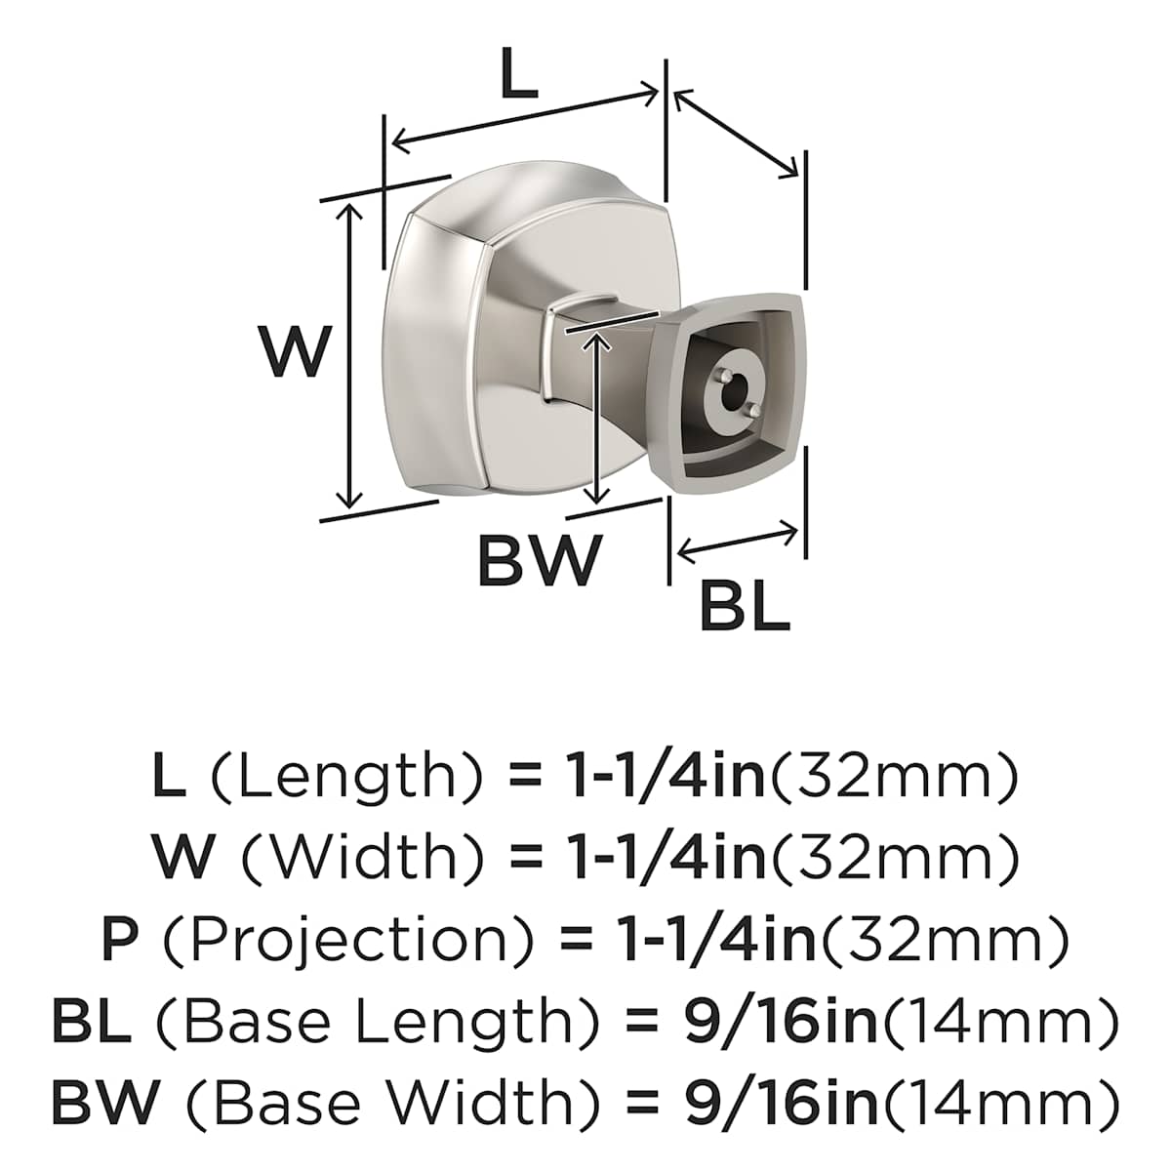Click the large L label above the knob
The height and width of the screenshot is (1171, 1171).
pos(519,76)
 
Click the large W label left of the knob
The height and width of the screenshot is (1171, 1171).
pos(293,352)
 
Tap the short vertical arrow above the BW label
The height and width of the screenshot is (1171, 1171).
pos(599,419)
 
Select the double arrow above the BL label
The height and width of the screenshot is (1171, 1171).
pos(738,542)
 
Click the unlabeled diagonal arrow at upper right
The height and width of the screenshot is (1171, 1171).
pos(736,134)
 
